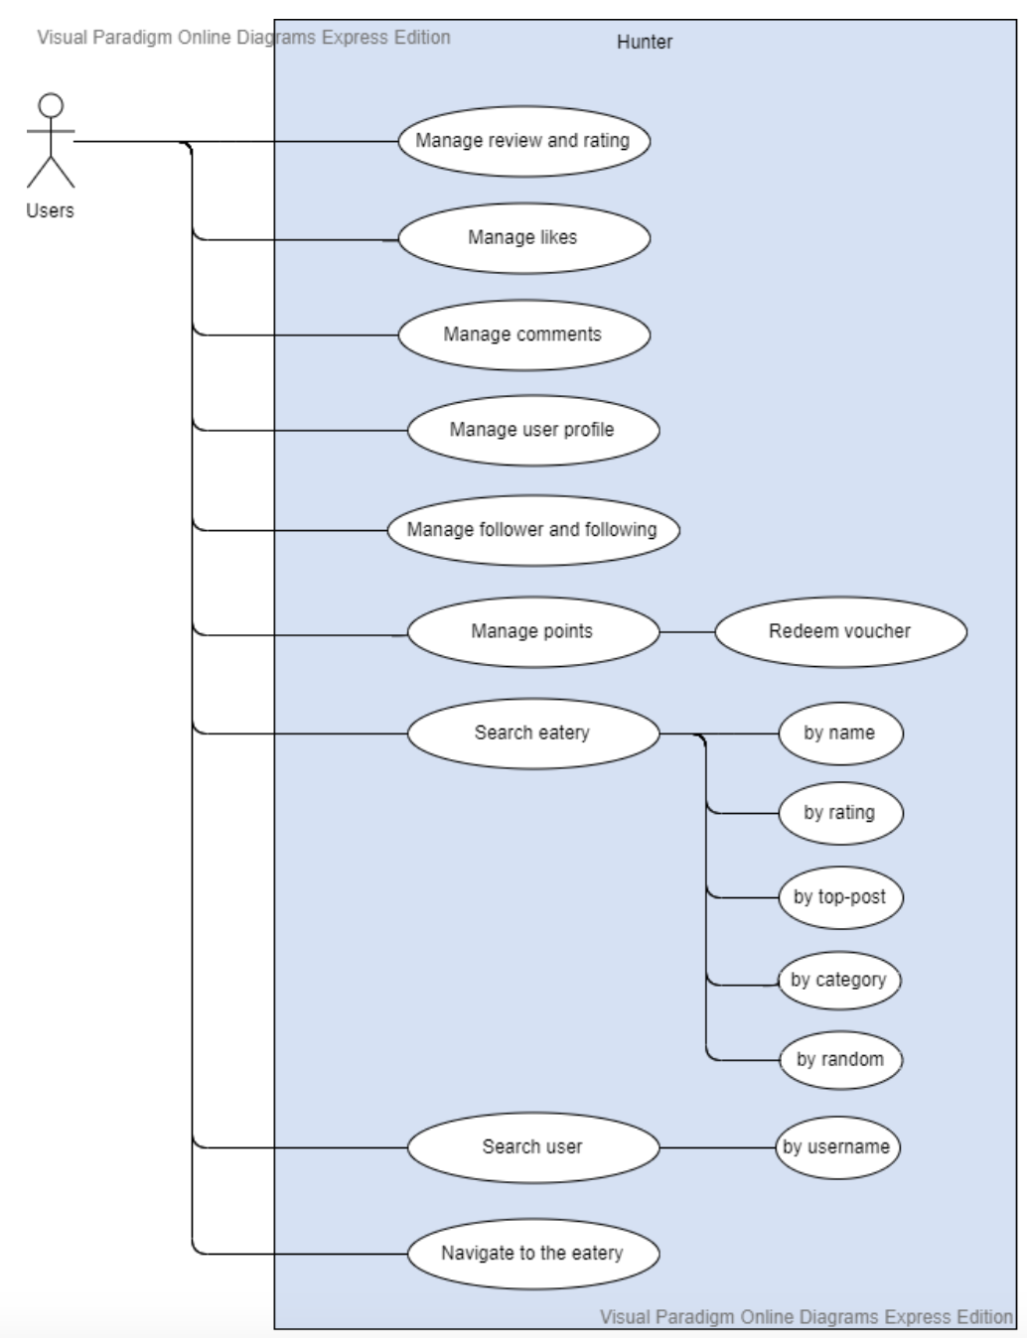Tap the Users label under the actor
(x=50, y=210)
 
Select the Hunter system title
(x=644, y=42)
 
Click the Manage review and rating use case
(x=523, y=141)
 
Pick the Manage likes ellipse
(x=523, y=238)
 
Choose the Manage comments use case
(x=523, y=334)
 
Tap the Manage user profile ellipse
(x=532, y=430)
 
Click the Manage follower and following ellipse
(x=532, y=529)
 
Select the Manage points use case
(x=532, y=631)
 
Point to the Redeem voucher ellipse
(x=839, y=631)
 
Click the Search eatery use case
(x=532, y=734)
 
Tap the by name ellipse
(x=839, y=734)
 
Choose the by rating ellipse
(x=839, y=813)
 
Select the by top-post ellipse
(x=839, y=897)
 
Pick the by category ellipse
(x=838, y=981)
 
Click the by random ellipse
(x=839, y=1059)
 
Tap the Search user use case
(x=532, y=1147)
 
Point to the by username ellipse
(x=836, y=1147)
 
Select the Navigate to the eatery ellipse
(x=532, y=1254)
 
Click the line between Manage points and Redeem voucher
(x=687, y=631)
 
